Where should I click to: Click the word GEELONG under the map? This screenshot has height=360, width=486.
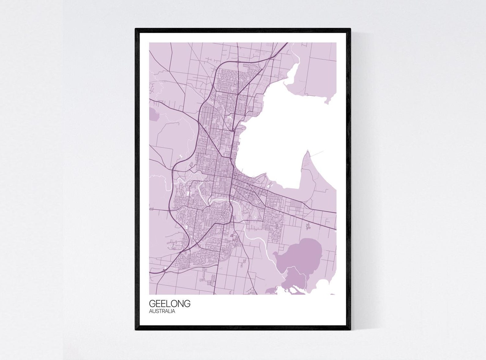coord(170,304)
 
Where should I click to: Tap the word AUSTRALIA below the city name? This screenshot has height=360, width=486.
coord(162,311)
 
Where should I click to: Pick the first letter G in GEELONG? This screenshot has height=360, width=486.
coord(152,304)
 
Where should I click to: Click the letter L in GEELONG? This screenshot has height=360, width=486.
coord(167,304)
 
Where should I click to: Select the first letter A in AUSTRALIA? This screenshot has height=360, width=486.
coord(151,311)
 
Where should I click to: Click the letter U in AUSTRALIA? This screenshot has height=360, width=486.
coord(154,311)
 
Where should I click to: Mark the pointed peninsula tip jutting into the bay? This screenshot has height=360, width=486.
coord(307,152)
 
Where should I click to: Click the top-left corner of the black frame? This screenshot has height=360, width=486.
coord(136,29)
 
